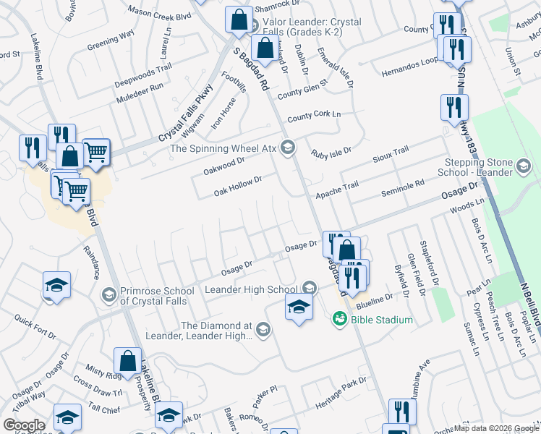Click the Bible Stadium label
coord(383,320)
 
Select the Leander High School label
coord(251,289)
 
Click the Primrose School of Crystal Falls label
coord(153,296)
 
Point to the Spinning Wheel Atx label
coord(224,148)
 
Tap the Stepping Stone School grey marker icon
coord(525,169)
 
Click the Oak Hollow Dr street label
coord(237,186)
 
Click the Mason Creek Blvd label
coord(158,12)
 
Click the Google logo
coord(24,425)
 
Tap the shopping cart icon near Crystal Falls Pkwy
coord(95,151)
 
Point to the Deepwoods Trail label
coord(143,75)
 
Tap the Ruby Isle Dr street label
coord(331,152)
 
